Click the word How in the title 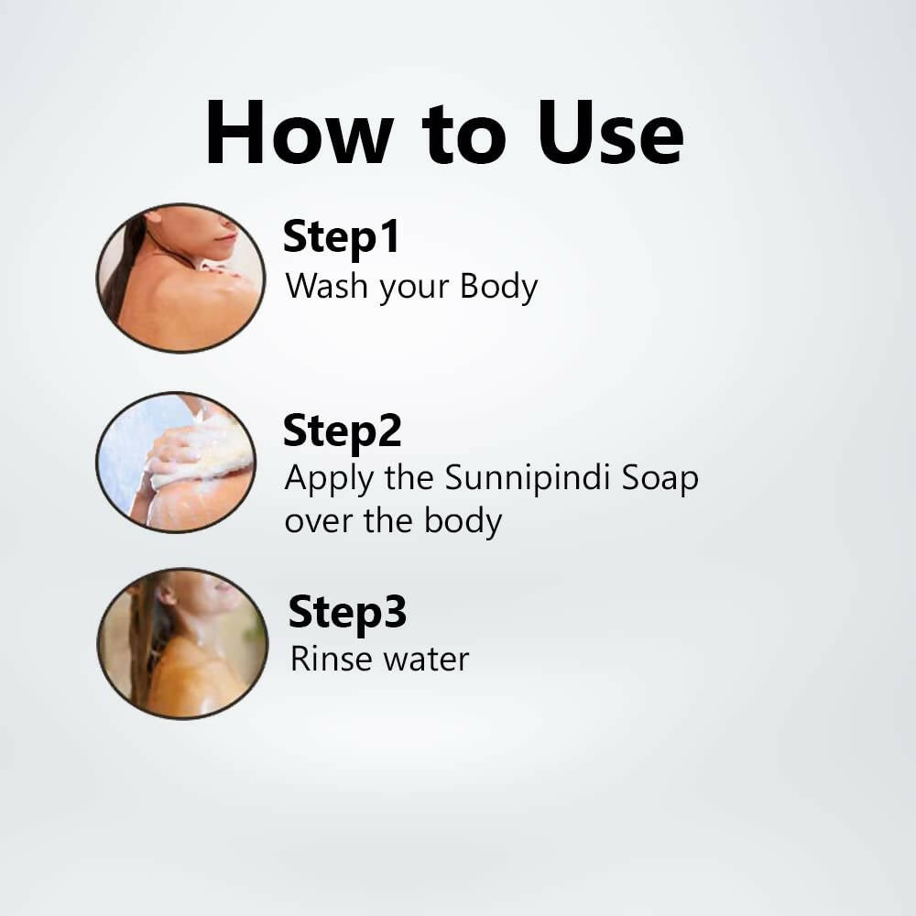[298, 133]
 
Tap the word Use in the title [610, 133]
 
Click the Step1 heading [341, 237]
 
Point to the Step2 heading [342, 430]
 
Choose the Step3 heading [347, 612]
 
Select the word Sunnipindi [523, 479]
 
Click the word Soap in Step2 [658, 479]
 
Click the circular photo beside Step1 [180, 278]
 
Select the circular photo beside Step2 [176, 462]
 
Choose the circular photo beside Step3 [181, 643]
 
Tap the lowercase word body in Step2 [463, 522]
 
